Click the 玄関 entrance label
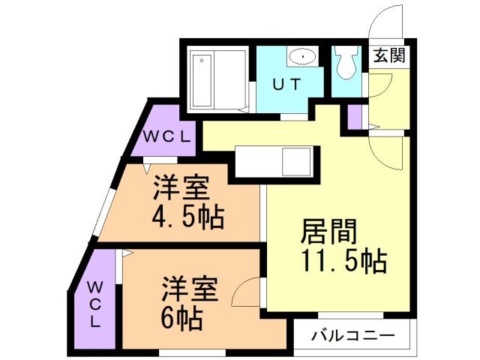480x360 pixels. (x=388, y=55)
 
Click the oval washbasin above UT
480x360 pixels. (x=301, y=56)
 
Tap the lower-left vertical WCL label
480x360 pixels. (x=97, y=304)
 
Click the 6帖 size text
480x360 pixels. (x=179, y=319)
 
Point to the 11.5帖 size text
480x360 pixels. (x=344, y=260)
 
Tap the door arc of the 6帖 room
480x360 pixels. (x=245, y=292)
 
